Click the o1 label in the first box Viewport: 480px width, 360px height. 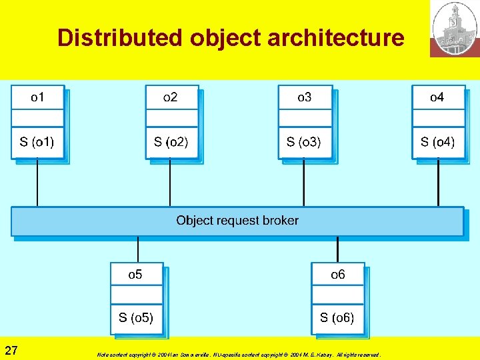37,97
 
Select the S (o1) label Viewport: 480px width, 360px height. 37,141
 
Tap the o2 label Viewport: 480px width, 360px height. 171,97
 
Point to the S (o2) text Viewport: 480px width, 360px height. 171,141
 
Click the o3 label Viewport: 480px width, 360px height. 304,97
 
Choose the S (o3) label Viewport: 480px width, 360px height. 304,141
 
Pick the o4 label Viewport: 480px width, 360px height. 437,97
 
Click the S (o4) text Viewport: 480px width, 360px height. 437,141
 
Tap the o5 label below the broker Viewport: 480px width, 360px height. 135,274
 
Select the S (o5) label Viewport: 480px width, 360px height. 136,317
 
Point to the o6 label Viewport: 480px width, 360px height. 338,274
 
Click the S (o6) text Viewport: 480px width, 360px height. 337,317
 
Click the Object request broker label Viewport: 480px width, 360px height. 237,220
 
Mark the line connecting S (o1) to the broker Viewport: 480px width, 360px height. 37,183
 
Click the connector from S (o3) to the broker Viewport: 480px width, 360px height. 304,183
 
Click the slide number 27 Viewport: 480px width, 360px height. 11,351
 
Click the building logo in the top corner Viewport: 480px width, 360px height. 454,28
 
